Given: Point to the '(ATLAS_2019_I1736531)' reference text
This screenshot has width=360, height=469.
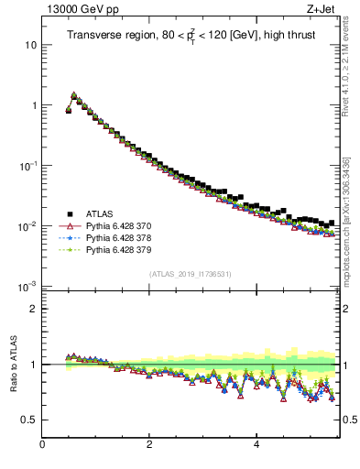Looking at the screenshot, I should pyautogui.click(x=191, y=274).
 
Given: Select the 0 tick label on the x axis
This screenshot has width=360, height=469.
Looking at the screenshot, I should pyautogui.click(x=42, y=445).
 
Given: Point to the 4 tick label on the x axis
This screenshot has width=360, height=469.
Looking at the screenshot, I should pyautogui.click(x=256, y=445).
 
